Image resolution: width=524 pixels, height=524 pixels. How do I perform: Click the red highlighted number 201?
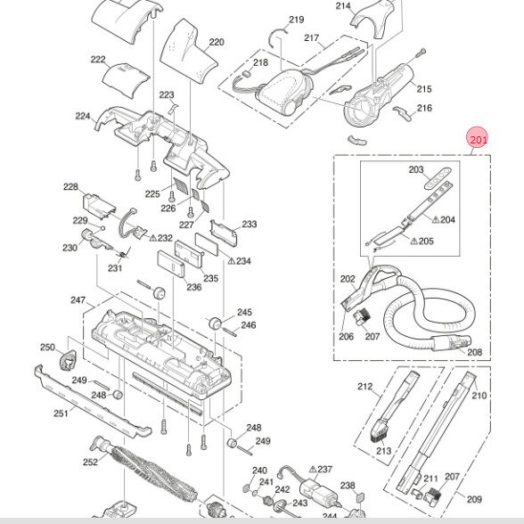[479, 139]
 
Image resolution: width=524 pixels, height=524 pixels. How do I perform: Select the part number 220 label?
[217, 42]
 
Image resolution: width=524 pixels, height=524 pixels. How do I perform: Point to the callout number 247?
[78, 300]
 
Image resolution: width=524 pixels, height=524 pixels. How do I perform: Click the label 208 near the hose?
[475, 352]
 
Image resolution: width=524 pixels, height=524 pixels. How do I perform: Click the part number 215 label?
[424, 88]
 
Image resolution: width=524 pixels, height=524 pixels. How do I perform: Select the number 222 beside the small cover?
[98, 59]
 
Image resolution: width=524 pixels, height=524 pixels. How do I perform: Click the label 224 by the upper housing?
[83, 116]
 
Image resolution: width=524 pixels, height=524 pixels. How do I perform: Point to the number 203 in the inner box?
[416, 169]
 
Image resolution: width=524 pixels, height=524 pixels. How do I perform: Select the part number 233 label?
[250, 225]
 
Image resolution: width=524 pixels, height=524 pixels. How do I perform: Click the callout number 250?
[47, 348]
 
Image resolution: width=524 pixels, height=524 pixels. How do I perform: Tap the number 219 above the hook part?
[297, 20]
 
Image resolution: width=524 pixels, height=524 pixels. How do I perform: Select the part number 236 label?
[194, 287]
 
